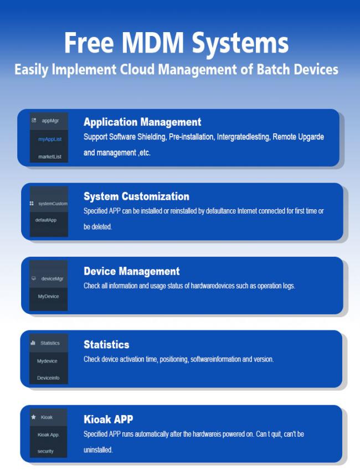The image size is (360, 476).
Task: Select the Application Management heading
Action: click(x=142, y=122)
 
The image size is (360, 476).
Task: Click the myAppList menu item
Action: click(x=50, y=139)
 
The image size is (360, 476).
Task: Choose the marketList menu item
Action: click(x=50, y=157)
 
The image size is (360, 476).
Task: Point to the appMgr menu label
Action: click(x=50, y=121)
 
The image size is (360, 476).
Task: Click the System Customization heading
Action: click(x=136, y=196)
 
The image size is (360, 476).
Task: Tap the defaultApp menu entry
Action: click(x=46, y=220)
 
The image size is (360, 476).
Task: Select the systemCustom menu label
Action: click(x=53, y=204)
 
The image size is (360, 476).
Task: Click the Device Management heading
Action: click(x=132, y=271)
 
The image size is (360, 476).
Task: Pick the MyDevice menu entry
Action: click(x=48, y=296)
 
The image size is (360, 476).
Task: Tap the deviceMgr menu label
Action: click(x=52, y=278)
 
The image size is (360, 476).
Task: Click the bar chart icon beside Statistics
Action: click(x=33, y=343)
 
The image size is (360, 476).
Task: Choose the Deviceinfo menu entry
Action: click(x=48, y=378)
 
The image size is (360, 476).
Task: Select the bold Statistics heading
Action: click(x=106, y=345)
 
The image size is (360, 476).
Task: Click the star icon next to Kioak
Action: click(x=33, y=417)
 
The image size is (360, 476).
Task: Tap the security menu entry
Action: click(x=45, y=451)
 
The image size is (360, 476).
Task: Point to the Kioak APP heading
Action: click(x=108, y=419)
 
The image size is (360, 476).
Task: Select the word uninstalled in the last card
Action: click(x=98, y=450)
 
